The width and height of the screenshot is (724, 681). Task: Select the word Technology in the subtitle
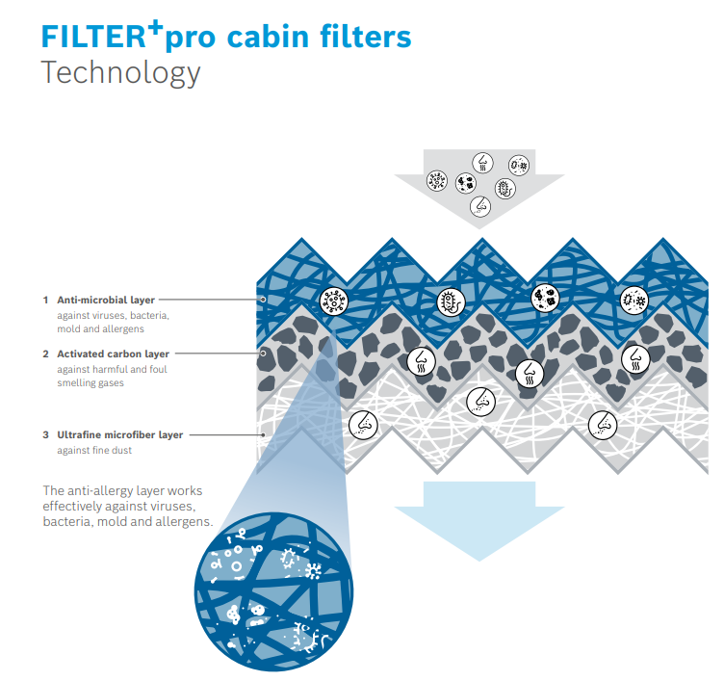[120, 72]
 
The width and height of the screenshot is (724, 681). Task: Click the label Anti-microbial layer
[106, 301]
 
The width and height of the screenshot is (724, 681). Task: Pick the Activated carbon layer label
[114, 354]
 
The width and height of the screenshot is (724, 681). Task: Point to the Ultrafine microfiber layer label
[119, 435]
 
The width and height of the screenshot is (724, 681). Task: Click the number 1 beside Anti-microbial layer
[45, 301]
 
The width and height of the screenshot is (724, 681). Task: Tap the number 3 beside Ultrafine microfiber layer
[45, 435]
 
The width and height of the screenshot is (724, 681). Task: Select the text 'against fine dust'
[93, 450]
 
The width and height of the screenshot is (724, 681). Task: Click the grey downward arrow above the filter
[479, 183]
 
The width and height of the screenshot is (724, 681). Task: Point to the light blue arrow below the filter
[478, 515]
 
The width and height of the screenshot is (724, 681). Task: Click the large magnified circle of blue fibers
[274, 590]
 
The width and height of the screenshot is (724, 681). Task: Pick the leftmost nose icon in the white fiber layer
[364, 422]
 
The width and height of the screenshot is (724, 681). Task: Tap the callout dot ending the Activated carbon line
[263, 354]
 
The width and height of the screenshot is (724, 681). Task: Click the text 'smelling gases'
[90, 382]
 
